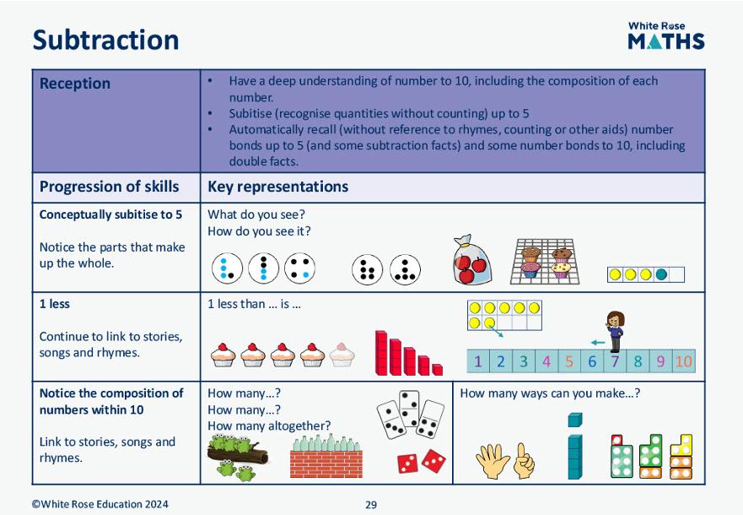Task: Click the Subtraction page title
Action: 105,40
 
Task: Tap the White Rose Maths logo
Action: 666,35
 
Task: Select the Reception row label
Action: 75,84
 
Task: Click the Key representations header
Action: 278,187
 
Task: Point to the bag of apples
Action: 471,260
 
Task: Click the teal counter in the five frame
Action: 661,274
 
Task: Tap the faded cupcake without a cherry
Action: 342,355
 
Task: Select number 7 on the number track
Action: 615,361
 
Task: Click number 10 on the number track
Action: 683,361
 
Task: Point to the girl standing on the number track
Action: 615,332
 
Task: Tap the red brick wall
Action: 326,463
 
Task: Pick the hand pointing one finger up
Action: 524,460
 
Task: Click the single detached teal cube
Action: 575,420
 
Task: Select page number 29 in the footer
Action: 371,505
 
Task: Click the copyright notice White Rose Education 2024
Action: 100,504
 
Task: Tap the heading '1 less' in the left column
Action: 55,304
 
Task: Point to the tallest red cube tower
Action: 381,353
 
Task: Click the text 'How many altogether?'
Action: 269,426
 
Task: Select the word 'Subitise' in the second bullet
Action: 250,114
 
